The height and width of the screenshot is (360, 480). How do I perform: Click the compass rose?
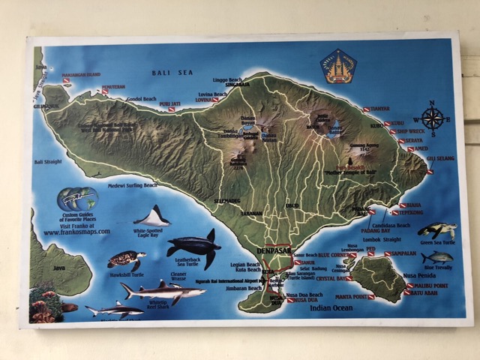pyautogui.click(x=432, y=118)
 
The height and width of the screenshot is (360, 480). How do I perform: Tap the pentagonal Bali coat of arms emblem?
pyautogui.click(x=338, y=65)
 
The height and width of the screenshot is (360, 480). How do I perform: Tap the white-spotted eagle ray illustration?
pyautogui.click(x=153, y=217)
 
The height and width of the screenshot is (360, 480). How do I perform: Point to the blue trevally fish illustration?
pyautogui.click(x=436, y=257)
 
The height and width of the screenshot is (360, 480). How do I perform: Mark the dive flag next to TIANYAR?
pyautogui.click(x=367, y=109)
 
